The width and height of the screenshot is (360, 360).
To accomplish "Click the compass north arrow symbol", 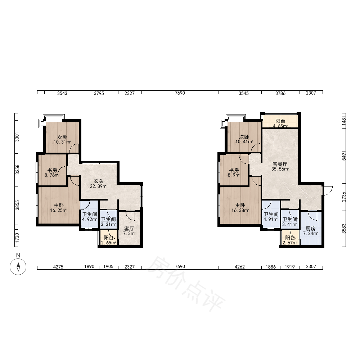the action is [x=18, y=266].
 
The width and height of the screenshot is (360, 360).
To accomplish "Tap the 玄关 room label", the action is [x=99, y=181].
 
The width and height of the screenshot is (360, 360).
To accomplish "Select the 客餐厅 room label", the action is [x=280, y=164].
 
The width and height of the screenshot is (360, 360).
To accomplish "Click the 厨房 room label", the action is [x=310, y=229].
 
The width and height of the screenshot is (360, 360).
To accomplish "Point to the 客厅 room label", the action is [x=129, y=229].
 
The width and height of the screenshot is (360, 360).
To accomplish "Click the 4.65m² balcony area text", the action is [x=280, y=126].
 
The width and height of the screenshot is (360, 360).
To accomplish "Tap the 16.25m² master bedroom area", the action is [x=59, y=210].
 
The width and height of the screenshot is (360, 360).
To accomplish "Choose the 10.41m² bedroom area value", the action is [x=244, y=142].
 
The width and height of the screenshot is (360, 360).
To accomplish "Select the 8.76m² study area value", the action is [x=52, y=175].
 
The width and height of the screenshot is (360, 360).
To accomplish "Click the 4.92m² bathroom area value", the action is [x=90, y=219].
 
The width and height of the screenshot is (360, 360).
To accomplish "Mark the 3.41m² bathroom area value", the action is [x=290, y=224].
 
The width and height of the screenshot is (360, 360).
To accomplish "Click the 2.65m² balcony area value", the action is [x=108, y=243].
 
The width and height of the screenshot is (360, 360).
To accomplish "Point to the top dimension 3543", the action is [x=62, y=93].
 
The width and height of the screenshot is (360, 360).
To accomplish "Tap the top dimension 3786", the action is [x=280, y=93].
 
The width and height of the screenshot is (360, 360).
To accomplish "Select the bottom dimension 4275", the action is [x=58, y=267].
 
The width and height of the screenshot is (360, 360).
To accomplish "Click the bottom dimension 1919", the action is [x=290, y=267].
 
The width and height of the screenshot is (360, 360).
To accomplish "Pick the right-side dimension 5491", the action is [x=344, y=156].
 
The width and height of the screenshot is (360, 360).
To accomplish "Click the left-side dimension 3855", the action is [x=17, y=205].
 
